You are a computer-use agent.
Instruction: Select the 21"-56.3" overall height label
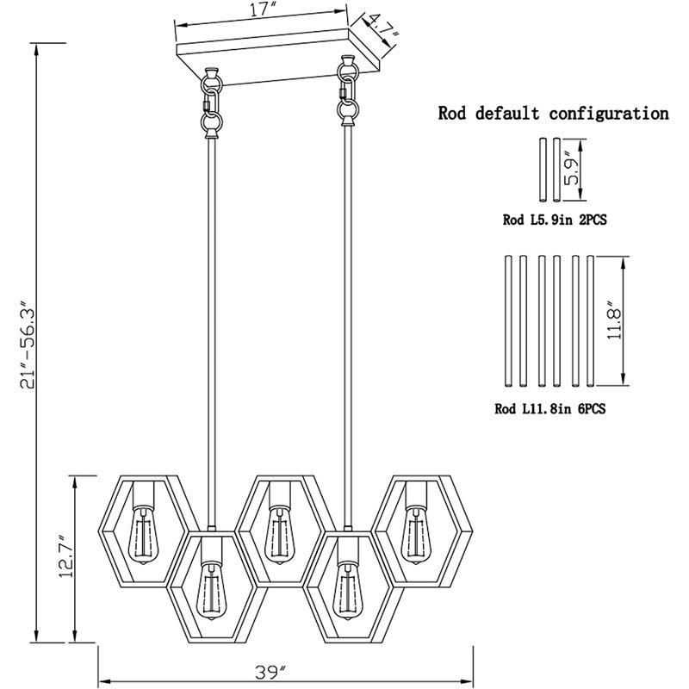28,344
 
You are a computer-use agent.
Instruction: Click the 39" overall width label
270,673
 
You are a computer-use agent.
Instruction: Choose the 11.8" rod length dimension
614,320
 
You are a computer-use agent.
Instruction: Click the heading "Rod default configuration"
553,114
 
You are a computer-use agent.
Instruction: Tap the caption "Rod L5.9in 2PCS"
555,220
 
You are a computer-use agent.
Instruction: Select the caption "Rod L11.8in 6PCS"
550,409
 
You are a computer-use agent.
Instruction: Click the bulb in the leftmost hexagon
143,536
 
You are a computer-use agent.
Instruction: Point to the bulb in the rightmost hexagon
416,536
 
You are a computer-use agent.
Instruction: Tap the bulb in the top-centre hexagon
279,536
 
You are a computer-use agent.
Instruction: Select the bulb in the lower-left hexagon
211,592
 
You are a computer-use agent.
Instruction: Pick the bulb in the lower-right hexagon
348,592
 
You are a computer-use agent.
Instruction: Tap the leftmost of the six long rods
508,321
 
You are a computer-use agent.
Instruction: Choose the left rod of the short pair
543,171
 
